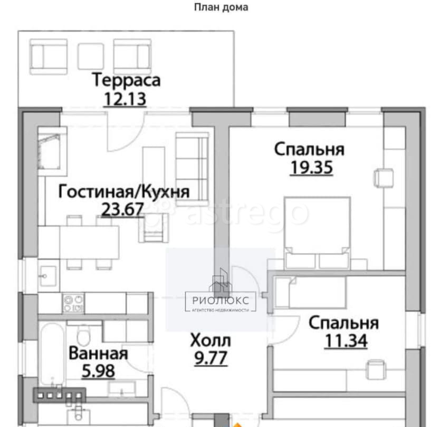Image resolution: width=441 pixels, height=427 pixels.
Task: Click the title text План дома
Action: click(221, 7)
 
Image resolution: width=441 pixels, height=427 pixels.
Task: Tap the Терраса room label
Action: click(126, 81)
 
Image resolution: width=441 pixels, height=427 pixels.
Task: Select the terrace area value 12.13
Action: click(124, 99)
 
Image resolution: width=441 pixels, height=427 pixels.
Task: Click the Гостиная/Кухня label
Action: click(123, 191)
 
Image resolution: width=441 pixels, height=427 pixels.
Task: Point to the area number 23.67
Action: click(122, 209)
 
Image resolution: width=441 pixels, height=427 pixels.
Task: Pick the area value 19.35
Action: click(311, 167)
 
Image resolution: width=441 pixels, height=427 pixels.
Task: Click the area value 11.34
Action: click(346, 340)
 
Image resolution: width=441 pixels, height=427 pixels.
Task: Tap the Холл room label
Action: click(210, 341)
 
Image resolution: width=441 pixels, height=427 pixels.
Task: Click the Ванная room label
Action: click(98, 353)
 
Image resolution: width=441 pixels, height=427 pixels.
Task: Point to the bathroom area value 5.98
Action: click(98, 371)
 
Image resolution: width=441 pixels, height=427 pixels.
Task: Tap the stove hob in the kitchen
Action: click(73, 303)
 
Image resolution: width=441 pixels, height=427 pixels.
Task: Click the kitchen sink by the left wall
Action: click(50, 275)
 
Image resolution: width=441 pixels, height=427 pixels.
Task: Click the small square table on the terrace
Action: click(91, 56)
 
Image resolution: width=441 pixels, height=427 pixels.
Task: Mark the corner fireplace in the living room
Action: click(52, 150)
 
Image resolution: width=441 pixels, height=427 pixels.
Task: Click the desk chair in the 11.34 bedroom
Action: click(376, 369)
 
